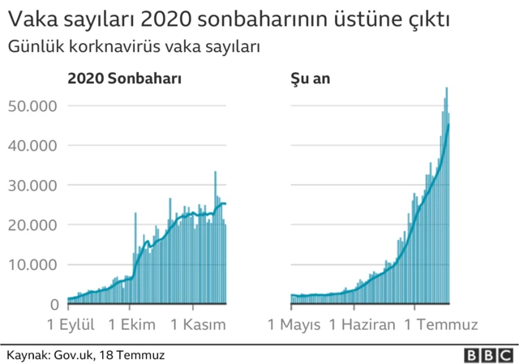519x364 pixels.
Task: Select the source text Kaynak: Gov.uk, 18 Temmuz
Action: pos(86,355)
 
